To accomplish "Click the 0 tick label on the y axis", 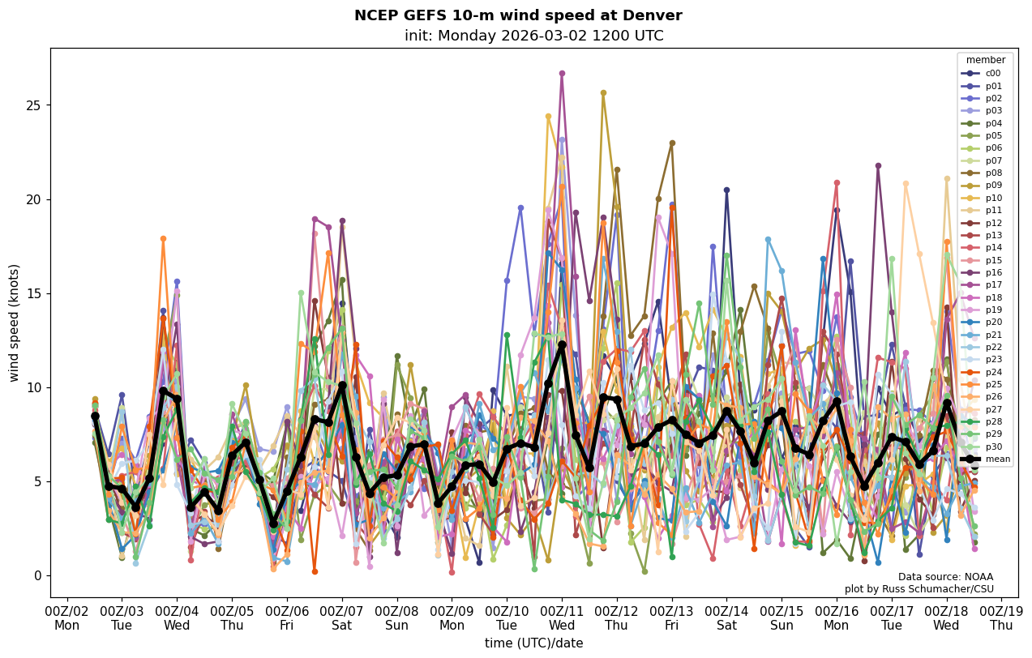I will [x=37, y=575].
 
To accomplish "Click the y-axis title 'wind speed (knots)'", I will [x=15, y=323].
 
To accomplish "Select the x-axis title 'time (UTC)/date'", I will [x=533, y=643].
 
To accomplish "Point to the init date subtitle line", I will [x=533, y=36].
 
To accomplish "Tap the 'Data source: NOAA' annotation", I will [x=945, y=577].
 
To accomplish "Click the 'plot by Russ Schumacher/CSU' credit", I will [x=919, y=589].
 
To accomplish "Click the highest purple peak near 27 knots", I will [x=562, y=74].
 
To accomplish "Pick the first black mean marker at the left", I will [x=95, y=416].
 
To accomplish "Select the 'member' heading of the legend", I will [x=985, y=60].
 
